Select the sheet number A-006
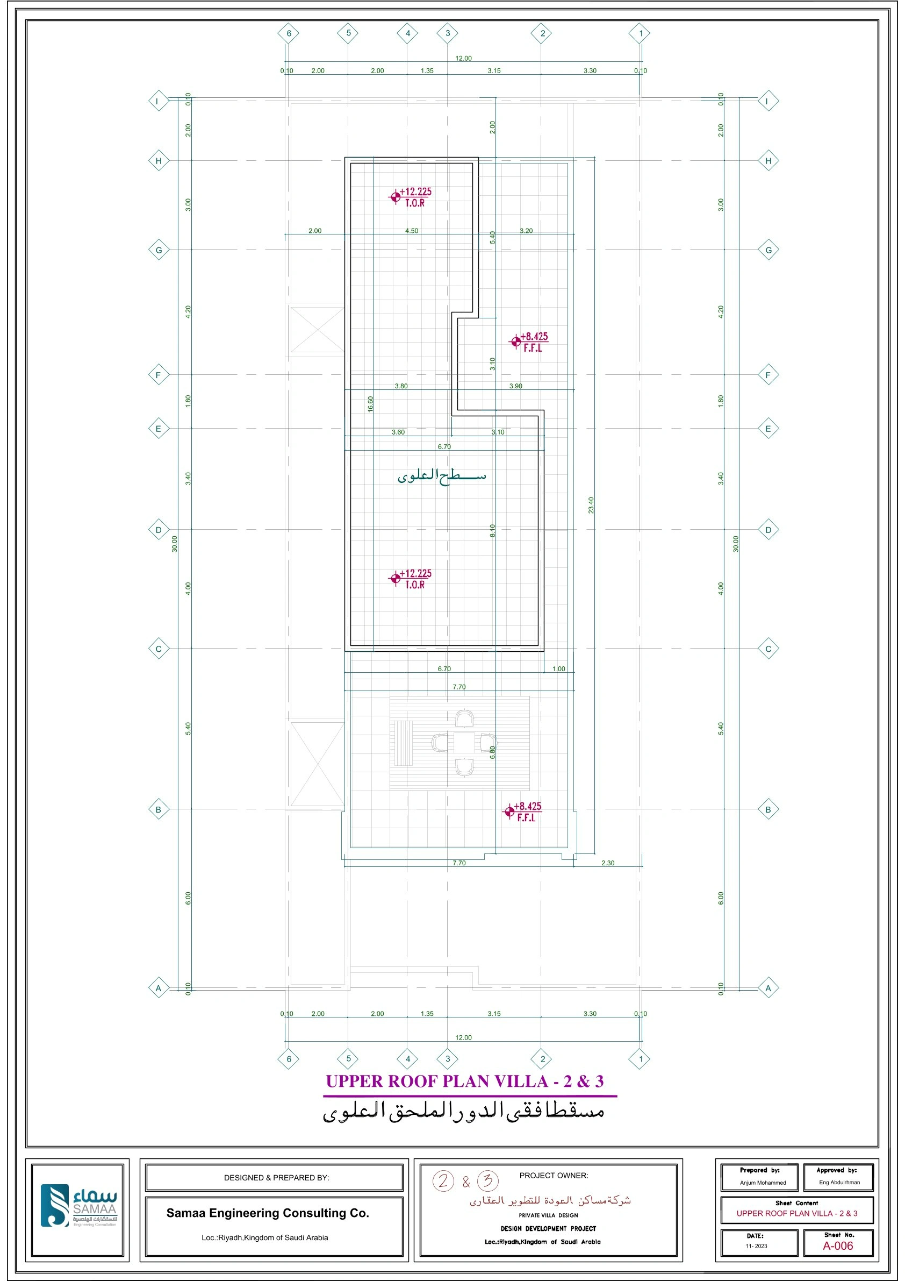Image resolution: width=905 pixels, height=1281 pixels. pyautogui.click(x=837, y=1246)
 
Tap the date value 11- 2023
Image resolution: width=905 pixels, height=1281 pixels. pyautogui.click(x=756, y=1246)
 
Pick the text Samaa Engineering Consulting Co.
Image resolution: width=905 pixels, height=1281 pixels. pyautogui.click(x=268, y=1212)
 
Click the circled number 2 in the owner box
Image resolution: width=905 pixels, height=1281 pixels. pyautogui.click(x=443, y=1180)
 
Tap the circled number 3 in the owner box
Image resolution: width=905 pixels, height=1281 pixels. pyautogui.click(x=488, y=1180)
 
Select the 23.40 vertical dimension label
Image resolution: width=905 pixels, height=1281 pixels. pyautogui.click(x=591, y=505)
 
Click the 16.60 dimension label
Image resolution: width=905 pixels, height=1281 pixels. pyautogui.click(x=370, y=404)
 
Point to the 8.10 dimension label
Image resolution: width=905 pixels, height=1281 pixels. pyautogui.click(x=492, y=531)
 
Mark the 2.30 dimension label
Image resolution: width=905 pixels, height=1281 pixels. pyautogui.click(x=607, y=863)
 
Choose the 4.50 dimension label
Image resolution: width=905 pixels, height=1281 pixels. pyautogui.click(x=412, y=230)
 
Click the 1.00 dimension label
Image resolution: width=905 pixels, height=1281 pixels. pyautogui.click(x=558, y=668)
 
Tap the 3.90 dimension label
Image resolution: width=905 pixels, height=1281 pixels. pyautogui.click(x=515, y=386)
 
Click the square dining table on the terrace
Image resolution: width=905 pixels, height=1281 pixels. pyautogui.click(x=464, y=742)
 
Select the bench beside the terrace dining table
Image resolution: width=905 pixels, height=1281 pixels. pyautogui.click(x=402, y=743)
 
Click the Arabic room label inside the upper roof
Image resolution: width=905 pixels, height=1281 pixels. pyautogui.click(x=442, y=475)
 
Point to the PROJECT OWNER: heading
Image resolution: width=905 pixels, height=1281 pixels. pyautogui.click(x=553, y=1175)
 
